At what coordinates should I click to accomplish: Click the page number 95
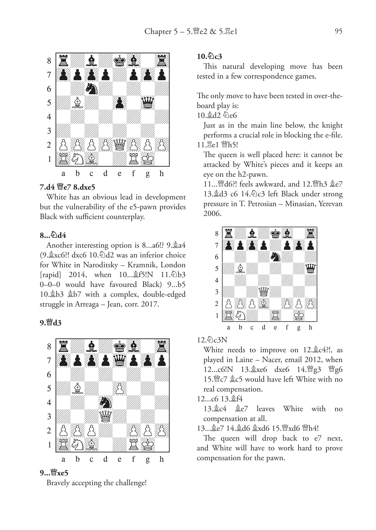point(338,31)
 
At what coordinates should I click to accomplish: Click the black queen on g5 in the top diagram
point(148,103)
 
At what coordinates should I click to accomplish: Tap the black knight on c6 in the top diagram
point(92,89)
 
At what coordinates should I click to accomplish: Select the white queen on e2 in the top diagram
point(120,145)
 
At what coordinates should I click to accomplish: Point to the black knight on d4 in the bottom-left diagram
point(106,402)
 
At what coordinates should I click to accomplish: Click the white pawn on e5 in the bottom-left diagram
point(120,388)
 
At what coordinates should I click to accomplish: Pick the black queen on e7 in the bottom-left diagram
point(120,360)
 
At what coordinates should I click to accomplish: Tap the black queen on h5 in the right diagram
point(311,269)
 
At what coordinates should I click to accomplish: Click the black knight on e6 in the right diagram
point(275,257)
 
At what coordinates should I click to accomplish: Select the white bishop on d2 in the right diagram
point(264,304)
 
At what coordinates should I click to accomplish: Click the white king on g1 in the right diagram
point(299,315)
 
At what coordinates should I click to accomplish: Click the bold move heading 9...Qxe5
point(54,473)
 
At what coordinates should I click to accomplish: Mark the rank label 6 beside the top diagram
point(49,89)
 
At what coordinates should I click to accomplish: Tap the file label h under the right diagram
point(310,327)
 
